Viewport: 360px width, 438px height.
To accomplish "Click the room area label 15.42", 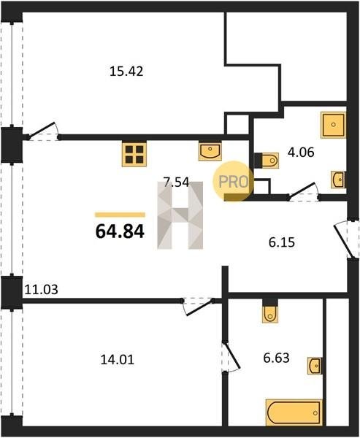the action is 126,72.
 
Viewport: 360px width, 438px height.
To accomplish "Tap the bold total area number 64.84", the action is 120,231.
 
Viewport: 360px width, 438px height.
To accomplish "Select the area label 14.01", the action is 118,359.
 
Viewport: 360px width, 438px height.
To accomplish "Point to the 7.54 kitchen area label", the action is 177,182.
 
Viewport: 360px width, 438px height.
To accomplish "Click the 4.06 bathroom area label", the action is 301,153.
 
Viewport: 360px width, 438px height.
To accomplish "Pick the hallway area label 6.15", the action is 282,242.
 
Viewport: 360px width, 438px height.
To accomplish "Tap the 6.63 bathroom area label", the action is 277,358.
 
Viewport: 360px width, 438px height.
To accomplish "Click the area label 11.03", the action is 42,290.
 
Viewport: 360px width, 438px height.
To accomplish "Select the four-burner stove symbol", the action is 134,154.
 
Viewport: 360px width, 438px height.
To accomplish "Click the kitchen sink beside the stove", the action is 210,152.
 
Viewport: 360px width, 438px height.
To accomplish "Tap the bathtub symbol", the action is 294,412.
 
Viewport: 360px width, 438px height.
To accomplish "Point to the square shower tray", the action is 334,125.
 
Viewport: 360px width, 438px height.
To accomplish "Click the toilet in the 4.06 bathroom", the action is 267,161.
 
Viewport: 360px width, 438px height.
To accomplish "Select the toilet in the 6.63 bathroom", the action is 270,311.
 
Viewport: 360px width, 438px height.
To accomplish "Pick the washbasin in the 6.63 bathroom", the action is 315,366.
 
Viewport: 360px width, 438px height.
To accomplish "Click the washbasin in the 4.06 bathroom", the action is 338,180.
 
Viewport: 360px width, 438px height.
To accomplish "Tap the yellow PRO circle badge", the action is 234,181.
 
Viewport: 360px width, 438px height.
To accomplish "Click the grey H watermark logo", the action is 180,215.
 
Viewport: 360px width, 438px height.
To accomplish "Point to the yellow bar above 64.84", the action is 120,215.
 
